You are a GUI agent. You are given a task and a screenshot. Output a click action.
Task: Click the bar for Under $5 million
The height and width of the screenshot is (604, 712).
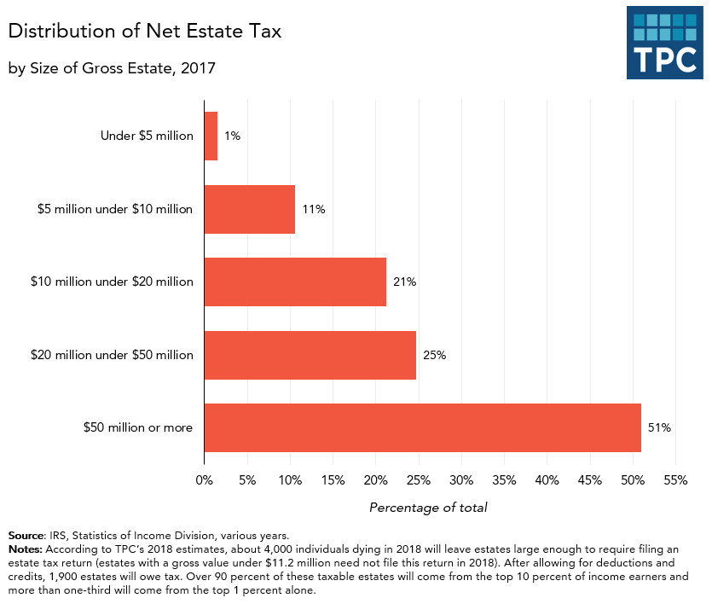coord(211,136)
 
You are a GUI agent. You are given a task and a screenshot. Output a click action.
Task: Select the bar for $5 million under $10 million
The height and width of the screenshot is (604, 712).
coord(249,209)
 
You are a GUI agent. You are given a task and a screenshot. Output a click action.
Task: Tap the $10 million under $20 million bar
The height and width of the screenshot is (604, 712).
coord(295,282)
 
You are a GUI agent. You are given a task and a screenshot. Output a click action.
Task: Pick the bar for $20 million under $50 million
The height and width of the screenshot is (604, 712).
coord(310,355)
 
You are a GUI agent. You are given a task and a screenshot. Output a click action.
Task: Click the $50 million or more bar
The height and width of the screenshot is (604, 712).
coord(422,427)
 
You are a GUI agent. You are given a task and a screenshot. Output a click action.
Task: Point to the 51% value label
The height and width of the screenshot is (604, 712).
coord(659,427)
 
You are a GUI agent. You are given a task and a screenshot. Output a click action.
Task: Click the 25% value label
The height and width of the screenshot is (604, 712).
coord(434,355)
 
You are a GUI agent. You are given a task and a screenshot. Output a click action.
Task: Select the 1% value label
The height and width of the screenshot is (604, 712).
coord(232,136)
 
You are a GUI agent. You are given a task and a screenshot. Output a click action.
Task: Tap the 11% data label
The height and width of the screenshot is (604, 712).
coord(313,209)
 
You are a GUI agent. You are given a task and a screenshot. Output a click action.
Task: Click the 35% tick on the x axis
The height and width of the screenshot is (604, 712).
coord(504,480)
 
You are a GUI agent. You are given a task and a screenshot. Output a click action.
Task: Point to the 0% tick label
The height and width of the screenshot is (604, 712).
coord(204,480)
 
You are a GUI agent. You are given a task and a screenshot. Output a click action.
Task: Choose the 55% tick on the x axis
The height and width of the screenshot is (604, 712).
coord(675,480)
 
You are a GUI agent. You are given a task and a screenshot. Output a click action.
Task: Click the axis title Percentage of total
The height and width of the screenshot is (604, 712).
coord(428,508)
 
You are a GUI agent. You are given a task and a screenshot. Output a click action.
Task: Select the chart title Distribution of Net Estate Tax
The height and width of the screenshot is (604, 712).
coord(145,32)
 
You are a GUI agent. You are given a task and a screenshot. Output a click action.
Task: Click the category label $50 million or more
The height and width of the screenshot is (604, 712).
coord(138,427)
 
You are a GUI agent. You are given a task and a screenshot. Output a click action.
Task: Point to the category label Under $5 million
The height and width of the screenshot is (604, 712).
coord(147,136)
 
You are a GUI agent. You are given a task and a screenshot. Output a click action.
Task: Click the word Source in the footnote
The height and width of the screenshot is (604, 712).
coord(26,536)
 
